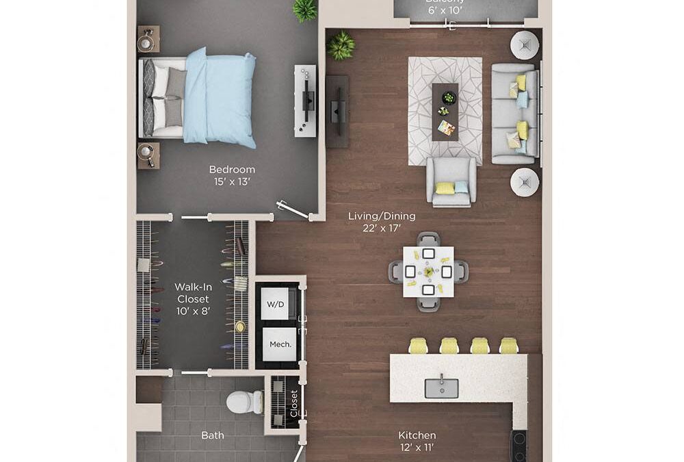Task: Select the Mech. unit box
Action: coord(276,344)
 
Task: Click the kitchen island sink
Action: coord(441,387)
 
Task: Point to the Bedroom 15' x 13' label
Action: coord(232,175)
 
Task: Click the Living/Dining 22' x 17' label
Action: coord(381,222)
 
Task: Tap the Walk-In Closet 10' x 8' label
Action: coord(192,299)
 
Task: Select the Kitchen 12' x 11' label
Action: coord(417,441)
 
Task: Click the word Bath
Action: coord(212,435)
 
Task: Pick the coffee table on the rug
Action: coord(445,112)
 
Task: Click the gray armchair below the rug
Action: coord(451,181)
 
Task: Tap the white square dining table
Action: coord(428,272)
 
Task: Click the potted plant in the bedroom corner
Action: coord(304,10)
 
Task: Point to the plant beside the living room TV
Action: coord(340,45)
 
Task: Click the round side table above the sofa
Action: coord(525,45)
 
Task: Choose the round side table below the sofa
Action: coord(525,182)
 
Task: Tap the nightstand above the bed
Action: coord(148,40)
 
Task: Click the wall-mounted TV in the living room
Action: coord(337,111)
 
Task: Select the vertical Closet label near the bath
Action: coord(294,404)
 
